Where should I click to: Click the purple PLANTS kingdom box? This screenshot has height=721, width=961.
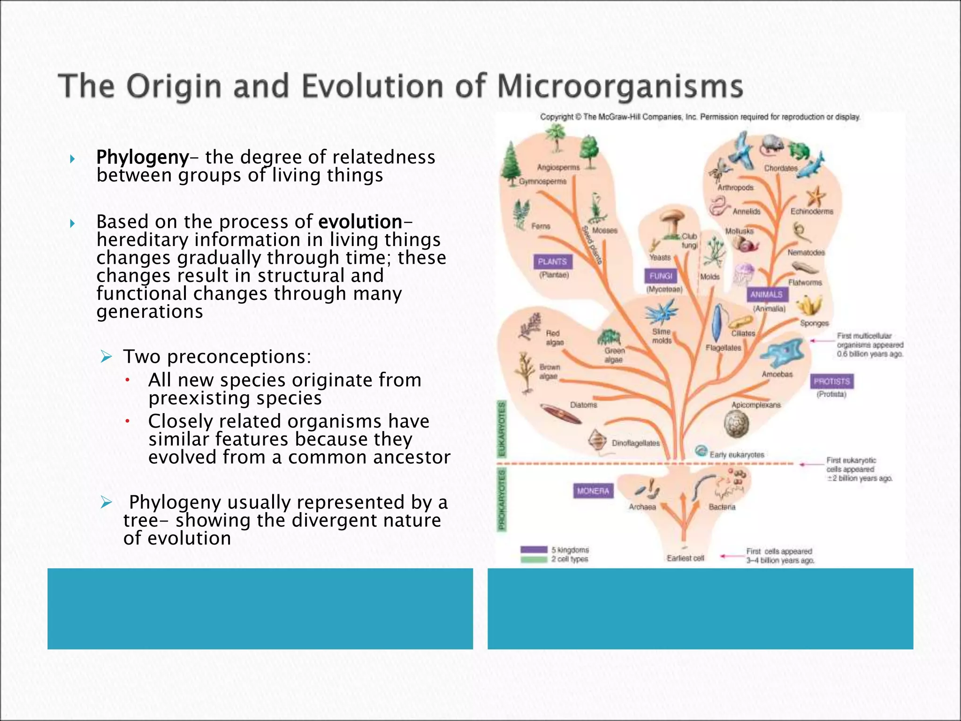point(552,262)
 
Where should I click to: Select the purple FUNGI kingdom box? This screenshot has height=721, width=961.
point(661,276)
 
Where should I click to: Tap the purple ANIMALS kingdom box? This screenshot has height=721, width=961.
point(766,295)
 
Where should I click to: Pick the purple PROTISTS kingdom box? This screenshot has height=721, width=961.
point(831,381)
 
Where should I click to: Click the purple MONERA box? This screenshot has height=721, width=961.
point(593,491)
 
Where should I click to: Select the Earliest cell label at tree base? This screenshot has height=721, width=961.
point(685,558)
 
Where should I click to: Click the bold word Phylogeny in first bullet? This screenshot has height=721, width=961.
point(142,157)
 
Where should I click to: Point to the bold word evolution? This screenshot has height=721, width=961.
point(360,222)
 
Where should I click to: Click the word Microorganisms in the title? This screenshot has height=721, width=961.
point(619,87)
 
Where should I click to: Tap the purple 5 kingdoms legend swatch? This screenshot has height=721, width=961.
point(534,550)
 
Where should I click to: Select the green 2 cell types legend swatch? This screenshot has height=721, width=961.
point(534,559)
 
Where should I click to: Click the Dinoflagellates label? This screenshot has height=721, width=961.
point(635,443)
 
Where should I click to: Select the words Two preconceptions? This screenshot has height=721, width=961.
point(217,357)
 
